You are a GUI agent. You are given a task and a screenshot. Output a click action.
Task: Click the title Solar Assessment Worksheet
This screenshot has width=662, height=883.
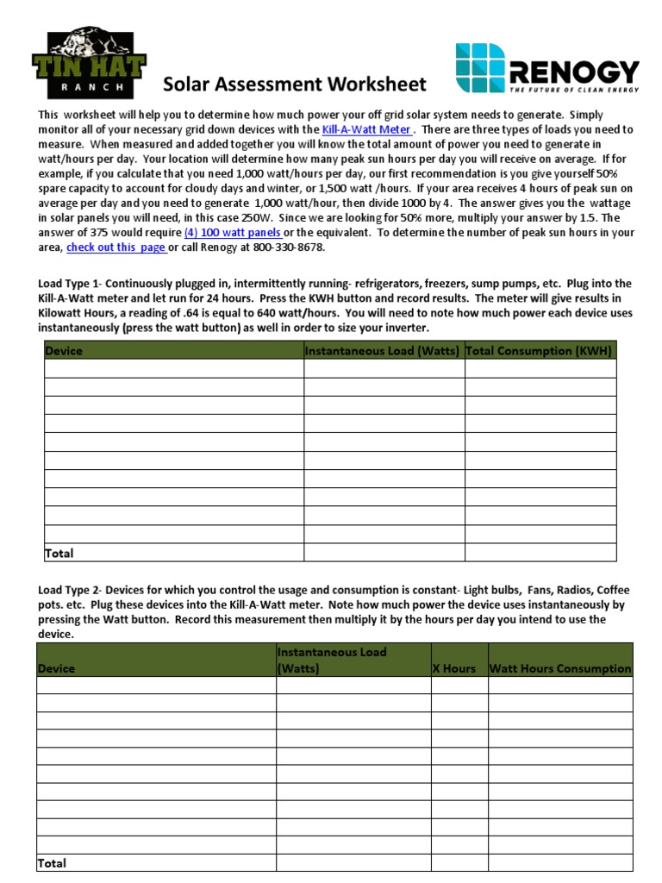[295, 84]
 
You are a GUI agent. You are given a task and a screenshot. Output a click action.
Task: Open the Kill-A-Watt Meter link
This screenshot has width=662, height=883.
[366, 129]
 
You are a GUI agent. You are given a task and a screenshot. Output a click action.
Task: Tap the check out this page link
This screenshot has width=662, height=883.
[116, 247]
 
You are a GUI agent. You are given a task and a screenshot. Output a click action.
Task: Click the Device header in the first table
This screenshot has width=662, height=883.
[64, 351]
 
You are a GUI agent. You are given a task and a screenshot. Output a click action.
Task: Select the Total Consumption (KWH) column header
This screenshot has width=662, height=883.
[539, 351]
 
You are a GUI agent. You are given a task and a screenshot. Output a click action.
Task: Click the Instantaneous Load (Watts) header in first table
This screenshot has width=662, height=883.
[383, 351]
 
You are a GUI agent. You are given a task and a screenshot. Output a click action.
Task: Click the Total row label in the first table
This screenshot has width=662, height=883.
[59, 553]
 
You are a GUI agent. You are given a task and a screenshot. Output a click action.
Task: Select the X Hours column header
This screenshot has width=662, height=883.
[459, 668]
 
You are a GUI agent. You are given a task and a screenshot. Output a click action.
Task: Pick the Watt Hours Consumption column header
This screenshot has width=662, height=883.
[560, 668]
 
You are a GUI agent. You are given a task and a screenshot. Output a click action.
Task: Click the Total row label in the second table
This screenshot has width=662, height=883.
[52, 862]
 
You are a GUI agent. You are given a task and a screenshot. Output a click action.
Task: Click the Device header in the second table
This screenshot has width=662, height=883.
[56, 668]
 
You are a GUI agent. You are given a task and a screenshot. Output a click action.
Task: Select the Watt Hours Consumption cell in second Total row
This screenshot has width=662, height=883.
[560, 862]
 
